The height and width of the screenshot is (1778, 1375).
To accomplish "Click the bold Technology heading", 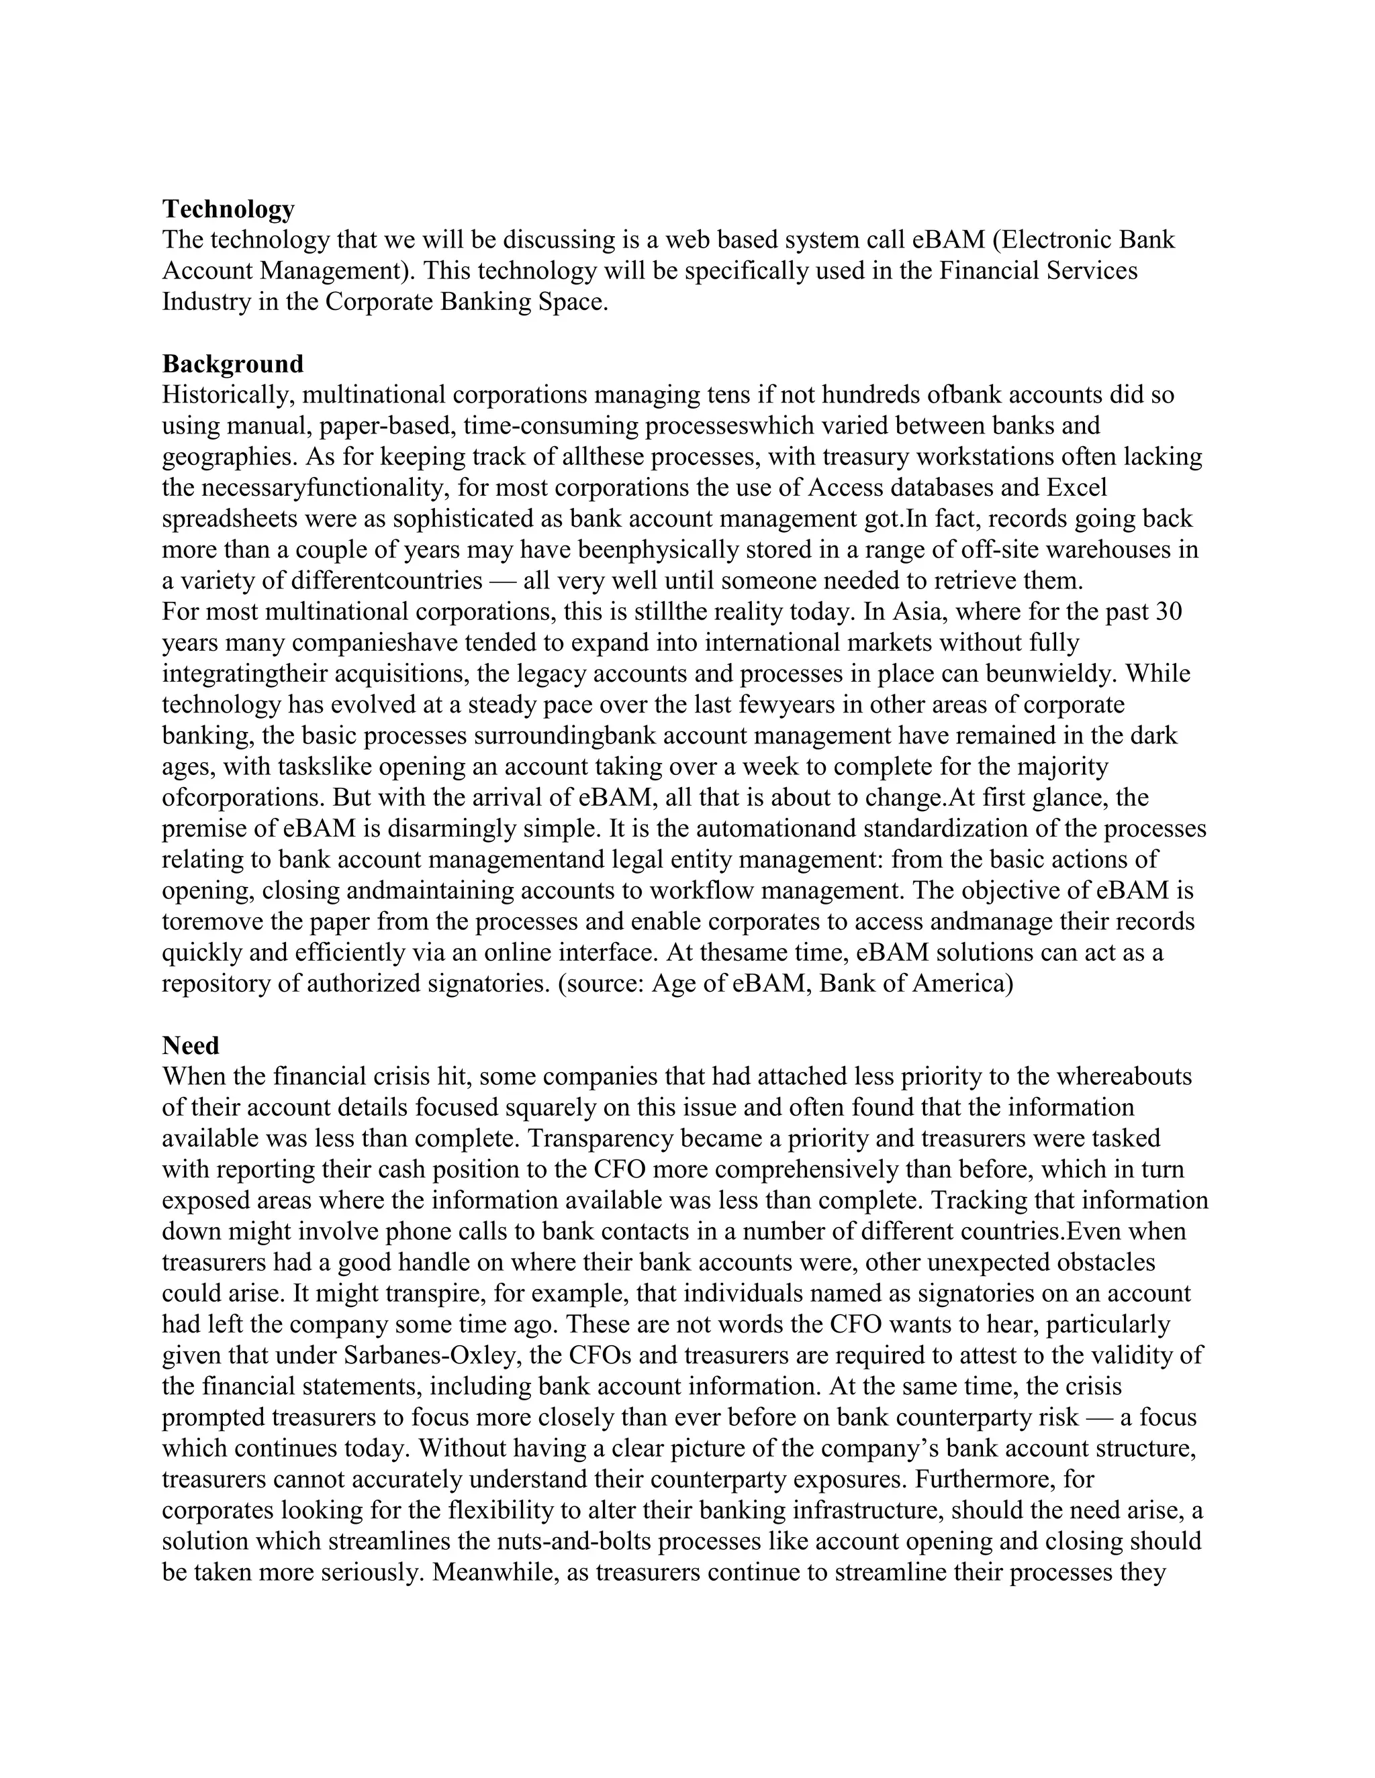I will point(228,209).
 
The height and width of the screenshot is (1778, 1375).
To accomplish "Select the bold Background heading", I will point(232,364).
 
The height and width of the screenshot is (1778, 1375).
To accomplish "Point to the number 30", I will point(1168,611).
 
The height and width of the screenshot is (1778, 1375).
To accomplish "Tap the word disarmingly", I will point(451,829).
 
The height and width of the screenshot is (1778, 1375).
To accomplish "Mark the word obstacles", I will point(1105,1263).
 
